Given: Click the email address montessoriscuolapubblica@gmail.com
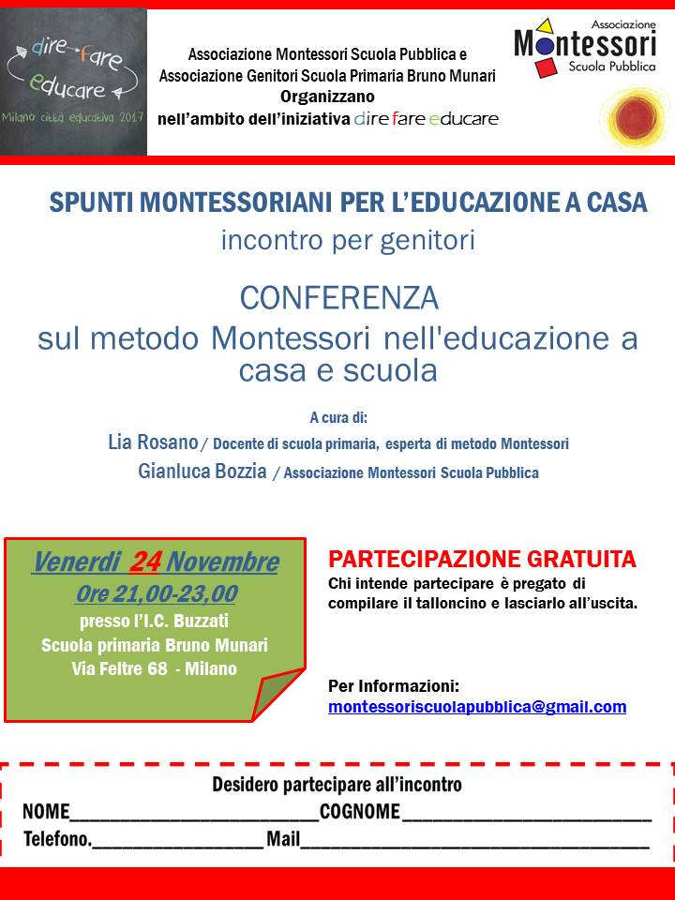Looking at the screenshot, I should coord(477,707).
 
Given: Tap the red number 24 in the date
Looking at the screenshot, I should coord(145,562).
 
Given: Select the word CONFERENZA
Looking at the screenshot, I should coord(338,298).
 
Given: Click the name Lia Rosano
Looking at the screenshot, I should coord(153,442).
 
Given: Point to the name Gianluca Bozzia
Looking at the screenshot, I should coord(202,472).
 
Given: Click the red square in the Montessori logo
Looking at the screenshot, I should coord(546,67).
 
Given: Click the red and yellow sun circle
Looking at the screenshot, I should coord(634,117).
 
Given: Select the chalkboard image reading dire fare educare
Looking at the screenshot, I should coord(74,82).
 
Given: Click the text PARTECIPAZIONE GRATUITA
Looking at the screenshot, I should coord(482,560).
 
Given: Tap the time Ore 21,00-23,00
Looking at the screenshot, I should coord(156,593).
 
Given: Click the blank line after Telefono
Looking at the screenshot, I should coord(178,841).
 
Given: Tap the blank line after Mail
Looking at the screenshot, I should coord(474,841).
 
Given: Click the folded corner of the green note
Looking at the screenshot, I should coord(277,695).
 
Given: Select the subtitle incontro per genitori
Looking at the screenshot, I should coord(348,240).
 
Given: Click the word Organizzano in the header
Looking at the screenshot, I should coord(327,96).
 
